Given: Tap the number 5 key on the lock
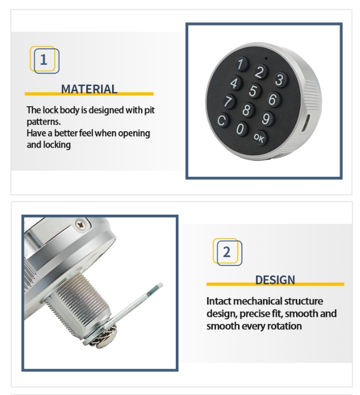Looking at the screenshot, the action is tap(253, 91).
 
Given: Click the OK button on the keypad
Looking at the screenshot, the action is tap(260, 137).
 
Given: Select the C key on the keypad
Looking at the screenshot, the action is tap(223, 120).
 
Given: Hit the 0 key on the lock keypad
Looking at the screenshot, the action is tap(241, 129).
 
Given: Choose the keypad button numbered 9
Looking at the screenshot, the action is tap(267, 118).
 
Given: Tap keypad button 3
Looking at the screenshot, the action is tap(280, 80).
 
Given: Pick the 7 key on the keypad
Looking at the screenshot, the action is tap(229, 102).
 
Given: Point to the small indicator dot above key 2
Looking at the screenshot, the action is tap(266, 58).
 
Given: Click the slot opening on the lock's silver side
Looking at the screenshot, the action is tap(306, 123).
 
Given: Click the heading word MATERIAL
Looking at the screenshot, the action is tap(89, 89).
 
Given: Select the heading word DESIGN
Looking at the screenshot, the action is tap(275, 280).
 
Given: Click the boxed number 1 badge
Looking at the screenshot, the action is tap(45, 60).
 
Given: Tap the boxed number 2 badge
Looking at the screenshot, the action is tap(227, 252).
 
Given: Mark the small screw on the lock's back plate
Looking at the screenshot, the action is tap(81, 224).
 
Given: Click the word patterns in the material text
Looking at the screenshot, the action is tap(44, 122).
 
